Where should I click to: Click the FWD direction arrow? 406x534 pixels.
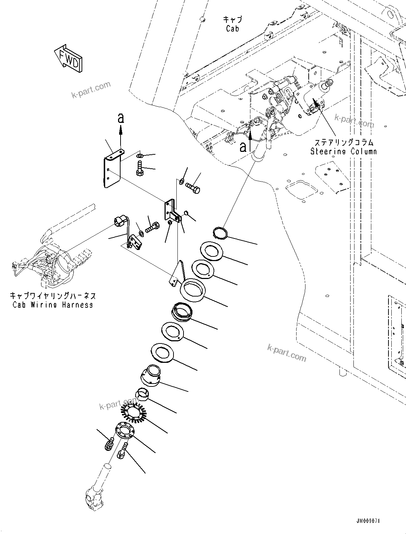(x=68, y=58)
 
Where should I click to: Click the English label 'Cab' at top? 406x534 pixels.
(x=233, y=28)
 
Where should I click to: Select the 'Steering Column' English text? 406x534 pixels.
(x=343, y=151)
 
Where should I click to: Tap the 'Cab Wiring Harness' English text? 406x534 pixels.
(x=53, y=305)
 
